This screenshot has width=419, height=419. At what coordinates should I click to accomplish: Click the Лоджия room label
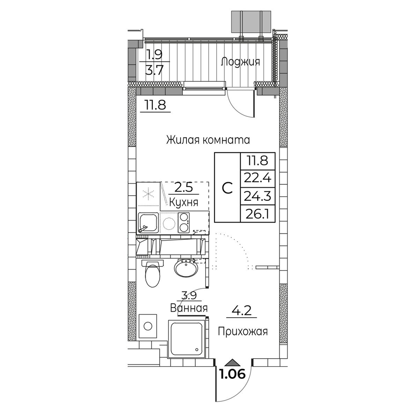point(240,62)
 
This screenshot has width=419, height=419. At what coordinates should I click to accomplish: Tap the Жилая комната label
point(208,140)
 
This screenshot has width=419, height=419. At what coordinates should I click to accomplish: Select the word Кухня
point(184,202)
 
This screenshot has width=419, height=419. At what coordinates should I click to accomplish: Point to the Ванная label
point(189,308)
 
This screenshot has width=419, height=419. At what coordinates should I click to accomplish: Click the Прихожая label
point(243,332)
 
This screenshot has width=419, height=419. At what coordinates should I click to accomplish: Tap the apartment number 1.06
point(232,374)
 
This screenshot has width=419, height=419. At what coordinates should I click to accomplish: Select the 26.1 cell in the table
point(258,214)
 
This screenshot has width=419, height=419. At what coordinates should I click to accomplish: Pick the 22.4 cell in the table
point(258,178)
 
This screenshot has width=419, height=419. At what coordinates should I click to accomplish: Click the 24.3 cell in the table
point(258,196)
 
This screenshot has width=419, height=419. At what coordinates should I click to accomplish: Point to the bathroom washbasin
point(186,268)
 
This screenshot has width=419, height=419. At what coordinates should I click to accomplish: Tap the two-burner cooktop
point(184,222)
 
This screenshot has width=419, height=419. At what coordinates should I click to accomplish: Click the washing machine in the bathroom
point(147,326)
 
